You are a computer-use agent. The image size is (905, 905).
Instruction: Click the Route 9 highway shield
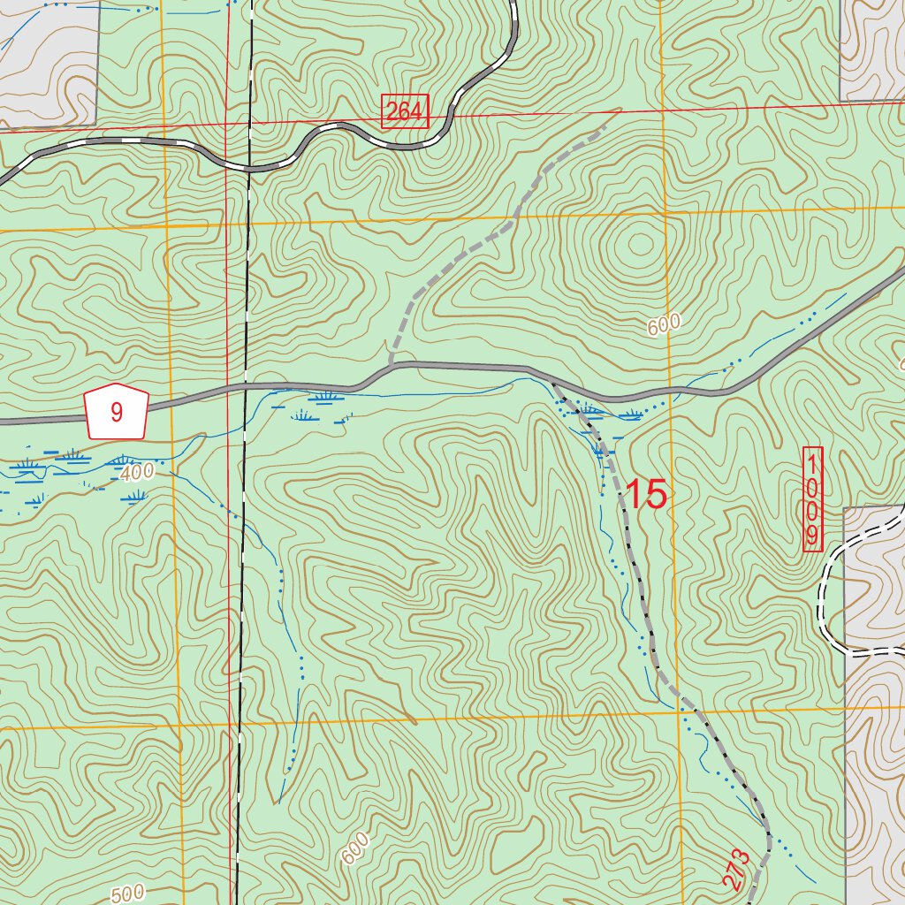[x=117, y=411]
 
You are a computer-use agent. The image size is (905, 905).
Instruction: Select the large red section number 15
[x=646, y=495]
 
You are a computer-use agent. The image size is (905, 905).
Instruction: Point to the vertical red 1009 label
[x=812, y=499]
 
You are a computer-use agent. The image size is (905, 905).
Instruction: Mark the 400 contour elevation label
[x=138, y=473]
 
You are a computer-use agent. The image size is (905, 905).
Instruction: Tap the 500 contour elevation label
[x=127, y=894]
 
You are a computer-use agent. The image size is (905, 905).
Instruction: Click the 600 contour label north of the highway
[x=664, y=325]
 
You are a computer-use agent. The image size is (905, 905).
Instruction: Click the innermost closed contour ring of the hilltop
[x=635, y=240]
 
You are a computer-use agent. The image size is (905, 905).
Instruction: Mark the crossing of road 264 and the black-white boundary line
[x=250, y=167]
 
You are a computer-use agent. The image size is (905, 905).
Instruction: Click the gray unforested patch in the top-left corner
[x=44, y=62]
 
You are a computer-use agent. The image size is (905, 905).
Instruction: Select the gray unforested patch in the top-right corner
[x=871, y=49]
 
